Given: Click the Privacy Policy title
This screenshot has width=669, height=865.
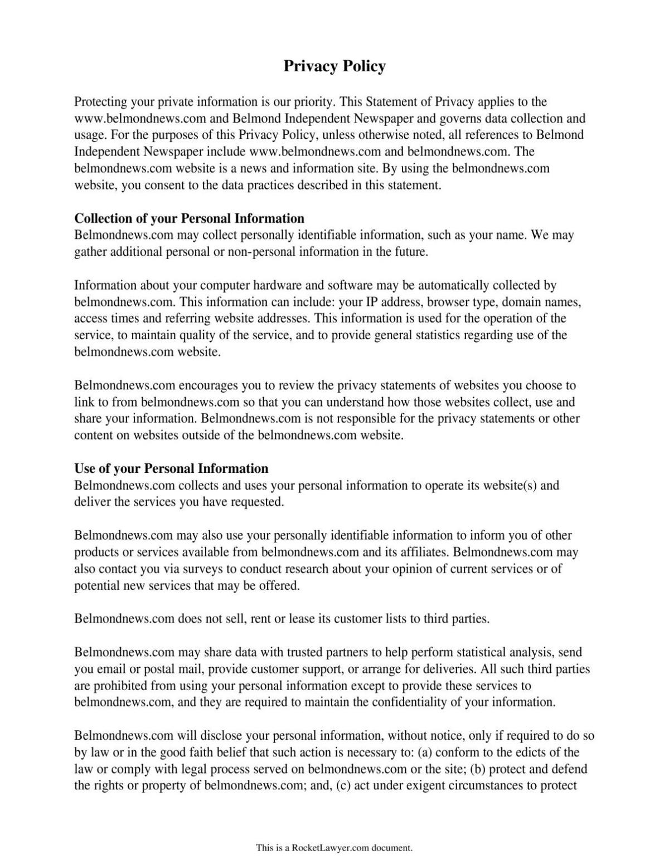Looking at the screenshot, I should [x=334, y=66].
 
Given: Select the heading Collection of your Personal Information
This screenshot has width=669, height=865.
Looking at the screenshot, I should [x=190, y=218].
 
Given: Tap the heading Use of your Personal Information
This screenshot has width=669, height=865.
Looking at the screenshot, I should [x=171, y=468].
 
